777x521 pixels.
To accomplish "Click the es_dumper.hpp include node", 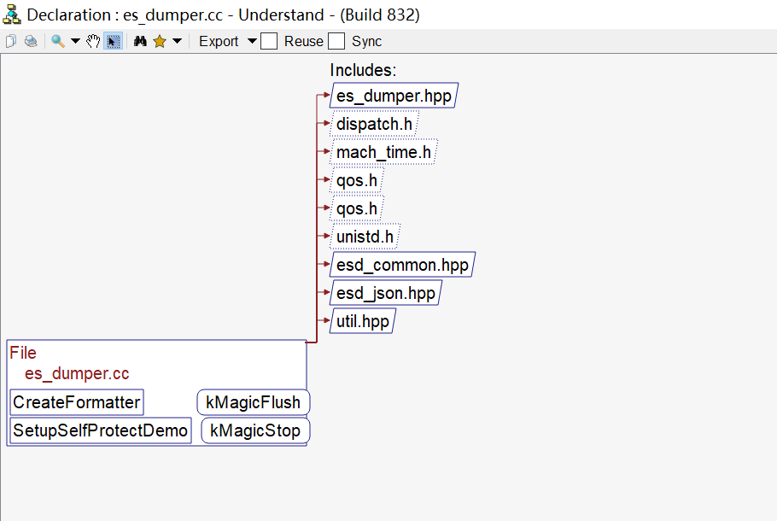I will [393, 96].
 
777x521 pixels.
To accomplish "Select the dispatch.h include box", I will [374, 124].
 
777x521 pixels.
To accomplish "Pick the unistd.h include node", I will [365, 237].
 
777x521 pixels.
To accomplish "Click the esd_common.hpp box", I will [401, 265].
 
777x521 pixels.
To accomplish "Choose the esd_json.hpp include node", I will [385, 293].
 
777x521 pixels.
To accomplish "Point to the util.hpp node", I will [362, 321].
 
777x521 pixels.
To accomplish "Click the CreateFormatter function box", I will [77, 402].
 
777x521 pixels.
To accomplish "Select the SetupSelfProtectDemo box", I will [100, 430].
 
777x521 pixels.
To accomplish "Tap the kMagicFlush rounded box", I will [253, 402].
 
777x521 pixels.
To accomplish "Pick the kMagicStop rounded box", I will [255, 430].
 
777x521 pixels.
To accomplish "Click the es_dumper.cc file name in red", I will [77, 373].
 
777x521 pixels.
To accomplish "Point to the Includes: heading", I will [363, 70].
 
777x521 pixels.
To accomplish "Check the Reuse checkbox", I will [269, 41].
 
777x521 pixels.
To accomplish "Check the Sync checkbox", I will [336, 41].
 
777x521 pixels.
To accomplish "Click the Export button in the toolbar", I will [219, 41].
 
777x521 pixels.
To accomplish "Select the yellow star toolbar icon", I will [159, 41].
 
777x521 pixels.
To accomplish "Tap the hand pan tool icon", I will [93, 41].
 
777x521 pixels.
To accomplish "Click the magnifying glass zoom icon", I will [58, 41].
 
